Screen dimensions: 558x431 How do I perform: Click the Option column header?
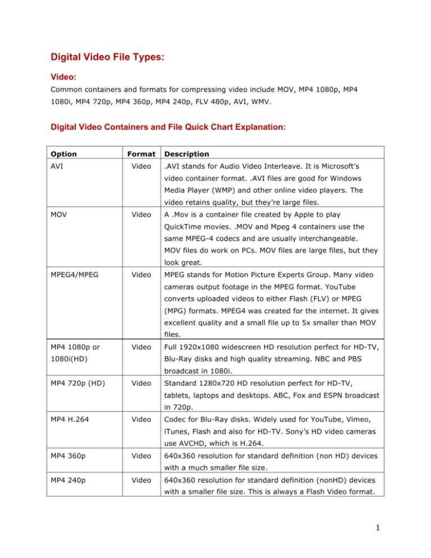(x=63, y=153)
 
